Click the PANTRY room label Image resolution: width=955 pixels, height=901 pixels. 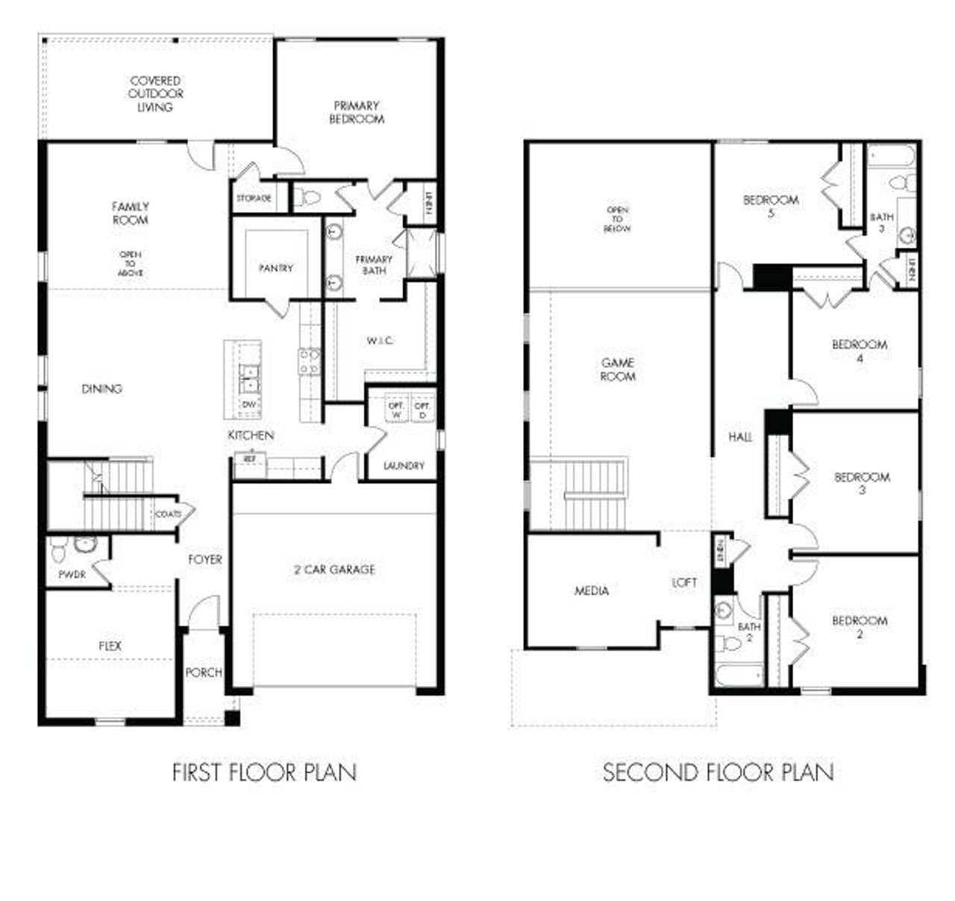(276, 268)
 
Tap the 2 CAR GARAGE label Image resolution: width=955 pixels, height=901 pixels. (334, 570)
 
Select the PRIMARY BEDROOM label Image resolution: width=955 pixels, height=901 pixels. (357, 112)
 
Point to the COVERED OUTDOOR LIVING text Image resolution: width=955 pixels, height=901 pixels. (155, 93)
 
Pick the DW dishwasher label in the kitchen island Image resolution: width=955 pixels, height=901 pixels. (249, 404)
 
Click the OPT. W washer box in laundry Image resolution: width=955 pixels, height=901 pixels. (395, 410)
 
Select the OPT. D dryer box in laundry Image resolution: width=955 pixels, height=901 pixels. (422, 410)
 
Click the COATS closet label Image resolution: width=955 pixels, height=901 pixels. (167, 514)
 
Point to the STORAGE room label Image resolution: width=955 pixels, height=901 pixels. (254, 199)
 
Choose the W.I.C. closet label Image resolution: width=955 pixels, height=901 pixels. (380, 341)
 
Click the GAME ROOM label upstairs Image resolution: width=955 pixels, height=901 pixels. (618, 370)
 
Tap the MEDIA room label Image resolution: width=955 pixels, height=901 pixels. (592, 590)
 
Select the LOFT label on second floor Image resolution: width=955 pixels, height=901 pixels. (685, 582)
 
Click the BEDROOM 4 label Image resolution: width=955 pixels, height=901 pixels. (859, 351)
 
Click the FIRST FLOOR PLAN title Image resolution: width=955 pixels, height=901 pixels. (264, 772)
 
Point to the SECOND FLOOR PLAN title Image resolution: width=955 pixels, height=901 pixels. (718, 772)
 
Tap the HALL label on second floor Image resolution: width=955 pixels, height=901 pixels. (740, 437)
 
